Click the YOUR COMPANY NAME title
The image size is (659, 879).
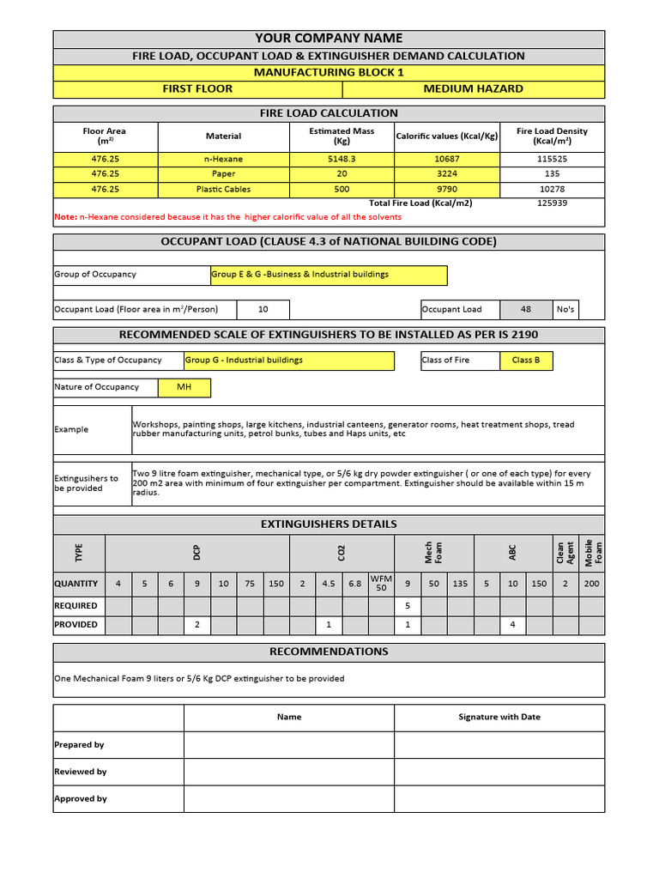(x=329, y=39)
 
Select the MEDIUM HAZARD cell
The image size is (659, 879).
(x=473, y=88)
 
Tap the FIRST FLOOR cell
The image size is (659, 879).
(x=197, y=88)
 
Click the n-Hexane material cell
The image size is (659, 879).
(x=223, y=159)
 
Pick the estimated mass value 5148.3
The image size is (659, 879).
(x=342, y=159)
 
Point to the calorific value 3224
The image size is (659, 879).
(x=446, y=173)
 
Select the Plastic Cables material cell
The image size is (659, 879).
(x=223, y=189)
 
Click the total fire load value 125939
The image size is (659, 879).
(x=552, y=203)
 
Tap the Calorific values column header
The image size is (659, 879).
(x=446, y=136)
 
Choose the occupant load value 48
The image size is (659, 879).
(x=525, y=309)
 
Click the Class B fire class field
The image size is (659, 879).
(x=526, y=361)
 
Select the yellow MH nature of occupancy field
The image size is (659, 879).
(x=184, y=387)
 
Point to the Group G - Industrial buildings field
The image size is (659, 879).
(x=289, y=361)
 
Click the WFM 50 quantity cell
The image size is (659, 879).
(x=381, y=583)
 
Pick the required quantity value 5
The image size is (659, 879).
(x=408, y=605)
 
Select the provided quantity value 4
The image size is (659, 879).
(x=512, y=624)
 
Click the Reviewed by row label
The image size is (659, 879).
(x=81, y=772)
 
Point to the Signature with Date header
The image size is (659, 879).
(x=499, y=717)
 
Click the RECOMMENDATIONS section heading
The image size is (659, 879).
(x=329, y=652)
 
